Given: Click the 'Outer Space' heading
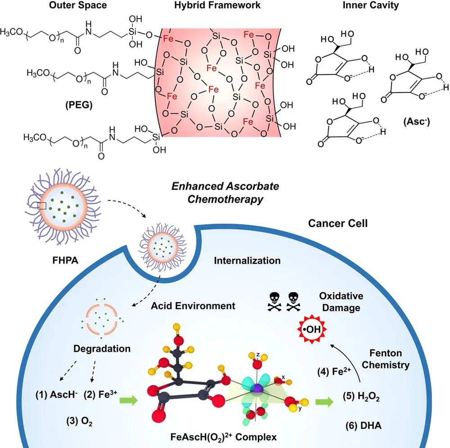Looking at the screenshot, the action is (x=78, y=5).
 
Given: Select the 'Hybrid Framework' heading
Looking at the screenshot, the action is (x=217, y=5).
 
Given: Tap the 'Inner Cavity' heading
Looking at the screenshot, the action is (x=370, y=5).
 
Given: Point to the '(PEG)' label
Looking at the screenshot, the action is (x=79, y=105).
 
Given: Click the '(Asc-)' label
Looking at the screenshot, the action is (x=416, y=121).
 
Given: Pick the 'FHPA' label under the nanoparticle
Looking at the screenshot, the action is (x=65, y=260).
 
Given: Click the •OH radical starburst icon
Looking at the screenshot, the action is (x=312, y=329).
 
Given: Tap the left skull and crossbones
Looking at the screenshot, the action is (x=274, y=302).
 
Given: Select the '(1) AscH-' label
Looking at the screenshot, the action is (x=56, y=394).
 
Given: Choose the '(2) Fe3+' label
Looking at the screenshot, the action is (x=100, y=394).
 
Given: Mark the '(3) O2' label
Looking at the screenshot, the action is (x=79, y=421).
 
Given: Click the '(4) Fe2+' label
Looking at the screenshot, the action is (x=334, y=372).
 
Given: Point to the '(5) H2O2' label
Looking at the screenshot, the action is (x=361, y=396).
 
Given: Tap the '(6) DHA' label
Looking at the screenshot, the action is (x=363, y=426).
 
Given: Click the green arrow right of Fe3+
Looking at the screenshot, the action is (x=128, y=400).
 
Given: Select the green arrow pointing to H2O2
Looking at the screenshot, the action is (x=324, y=402).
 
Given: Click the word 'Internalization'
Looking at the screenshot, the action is (x=247, y=260).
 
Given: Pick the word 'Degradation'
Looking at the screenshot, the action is (x=102, y=349).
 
